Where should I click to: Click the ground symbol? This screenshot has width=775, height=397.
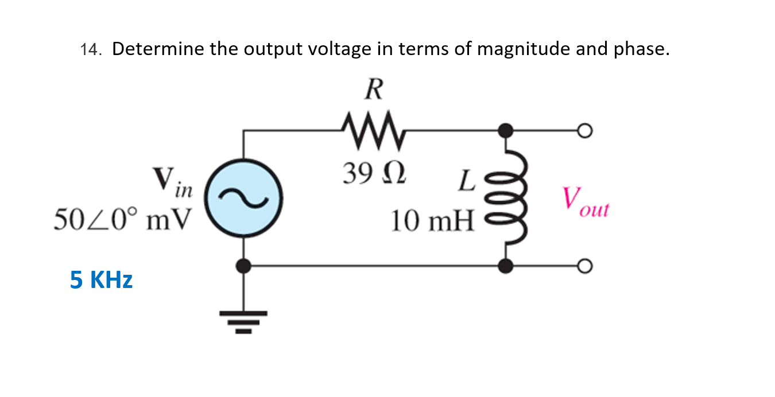(243, 321)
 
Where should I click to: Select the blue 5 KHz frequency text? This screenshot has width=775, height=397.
(101, 280)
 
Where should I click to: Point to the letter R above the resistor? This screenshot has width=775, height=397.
(374, 89)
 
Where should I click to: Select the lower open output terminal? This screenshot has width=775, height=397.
(584, 266)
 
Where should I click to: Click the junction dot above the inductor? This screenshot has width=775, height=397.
(505, 131)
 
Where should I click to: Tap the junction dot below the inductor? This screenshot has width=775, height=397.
(505, 266)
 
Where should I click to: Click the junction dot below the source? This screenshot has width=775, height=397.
(243, 266)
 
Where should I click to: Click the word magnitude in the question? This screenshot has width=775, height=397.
(523, 50)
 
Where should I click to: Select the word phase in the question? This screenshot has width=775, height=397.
(640, 50)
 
